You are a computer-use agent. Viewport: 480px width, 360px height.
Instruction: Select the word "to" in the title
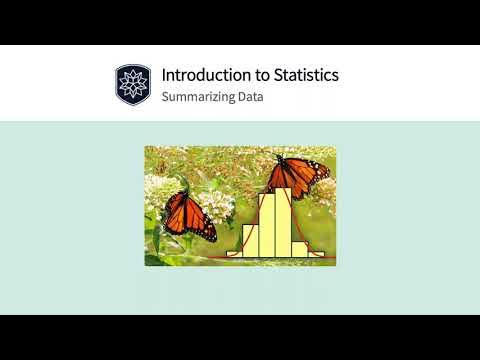point(256,75)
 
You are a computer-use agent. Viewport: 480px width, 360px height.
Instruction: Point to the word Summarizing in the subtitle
point(196,98)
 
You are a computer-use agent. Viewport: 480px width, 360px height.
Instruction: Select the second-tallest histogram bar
point(268,228)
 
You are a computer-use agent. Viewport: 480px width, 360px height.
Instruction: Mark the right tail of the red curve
point(326,256)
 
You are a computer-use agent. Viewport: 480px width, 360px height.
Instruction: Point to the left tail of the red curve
point(222,256)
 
